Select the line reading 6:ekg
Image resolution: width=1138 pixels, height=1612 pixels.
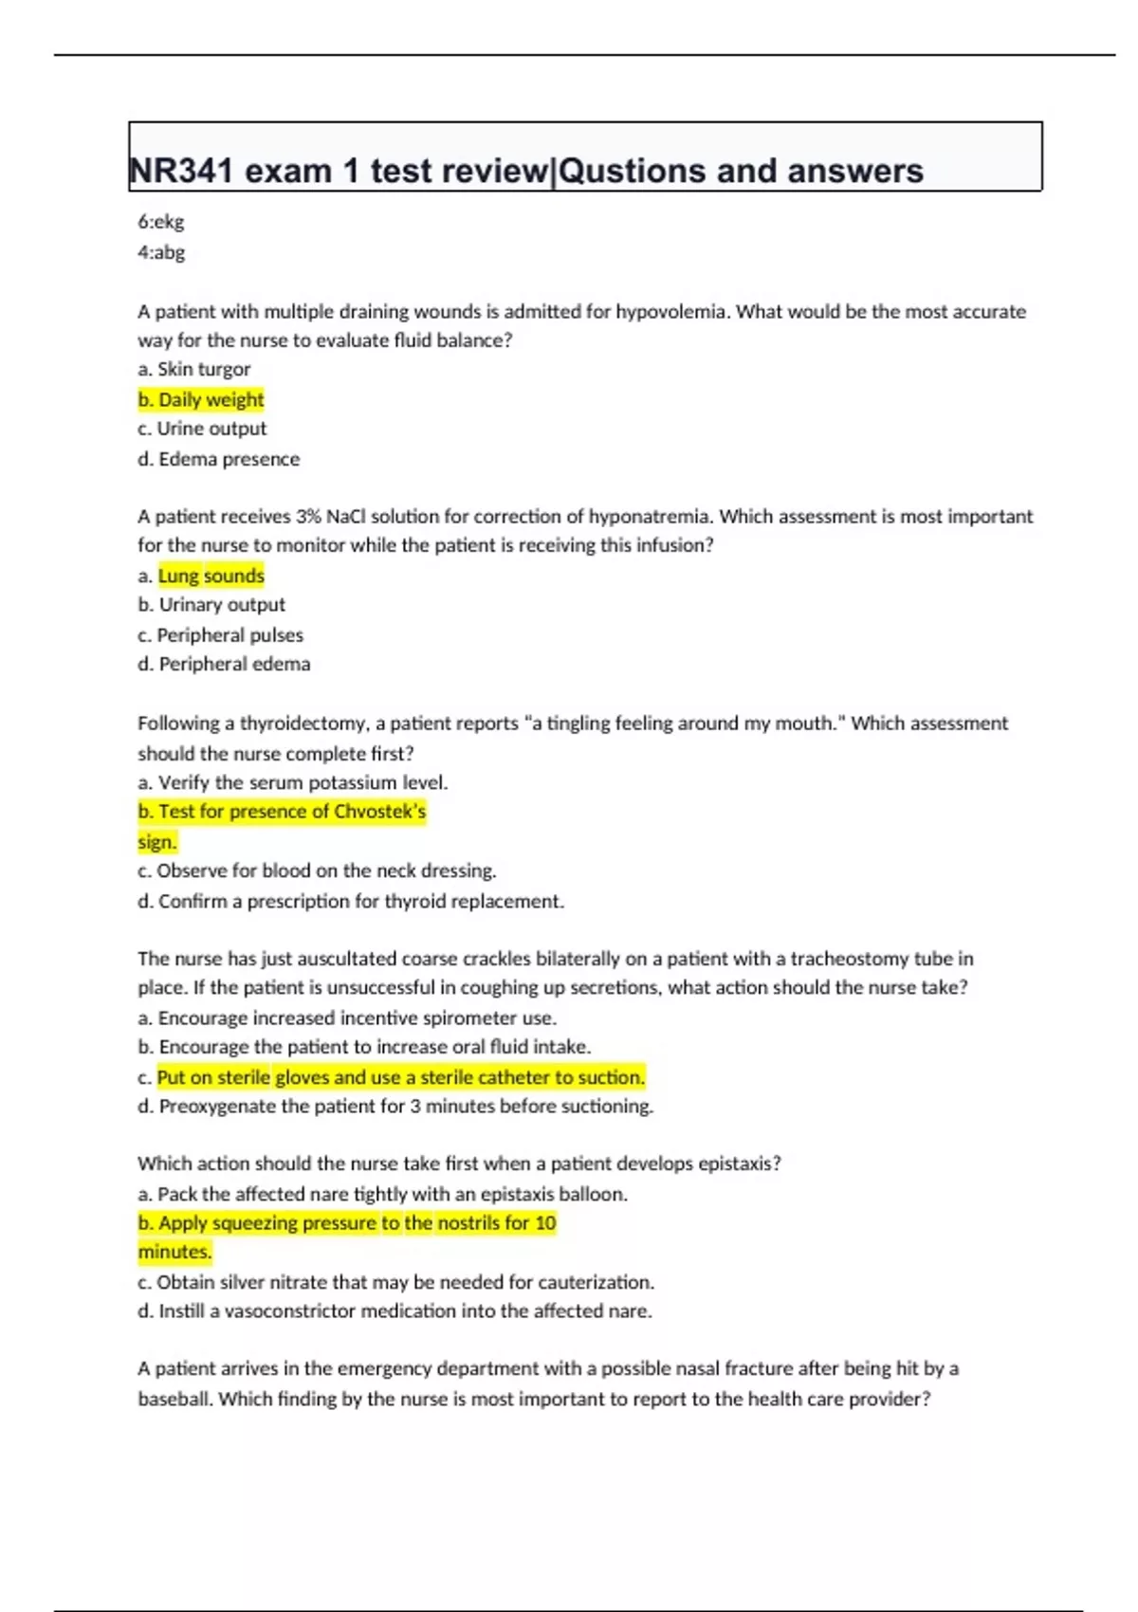tap(161, 222)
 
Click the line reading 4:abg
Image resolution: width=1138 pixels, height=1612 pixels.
tap(161, 252)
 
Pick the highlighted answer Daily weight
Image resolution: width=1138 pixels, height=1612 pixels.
tap(201, 399)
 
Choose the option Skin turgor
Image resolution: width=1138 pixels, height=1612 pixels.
tap(194, 369)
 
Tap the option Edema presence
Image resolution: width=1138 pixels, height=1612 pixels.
tap(219, 459)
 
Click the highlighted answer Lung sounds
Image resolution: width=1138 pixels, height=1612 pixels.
tap(211, 576)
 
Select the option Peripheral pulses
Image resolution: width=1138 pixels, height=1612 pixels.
tap(221, 634)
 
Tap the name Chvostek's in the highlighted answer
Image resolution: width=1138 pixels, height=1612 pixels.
tap(379, 812)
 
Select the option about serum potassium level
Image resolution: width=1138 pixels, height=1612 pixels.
tap(293, 782)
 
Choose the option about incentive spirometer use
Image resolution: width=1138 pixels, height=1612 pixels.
tap(347, 1018)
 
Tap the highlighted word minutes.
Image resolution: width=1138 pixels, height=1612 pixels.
tap(174, 1252)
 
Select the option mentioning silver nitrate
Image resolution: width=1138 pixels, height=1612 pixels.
tap(396, 1282)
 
